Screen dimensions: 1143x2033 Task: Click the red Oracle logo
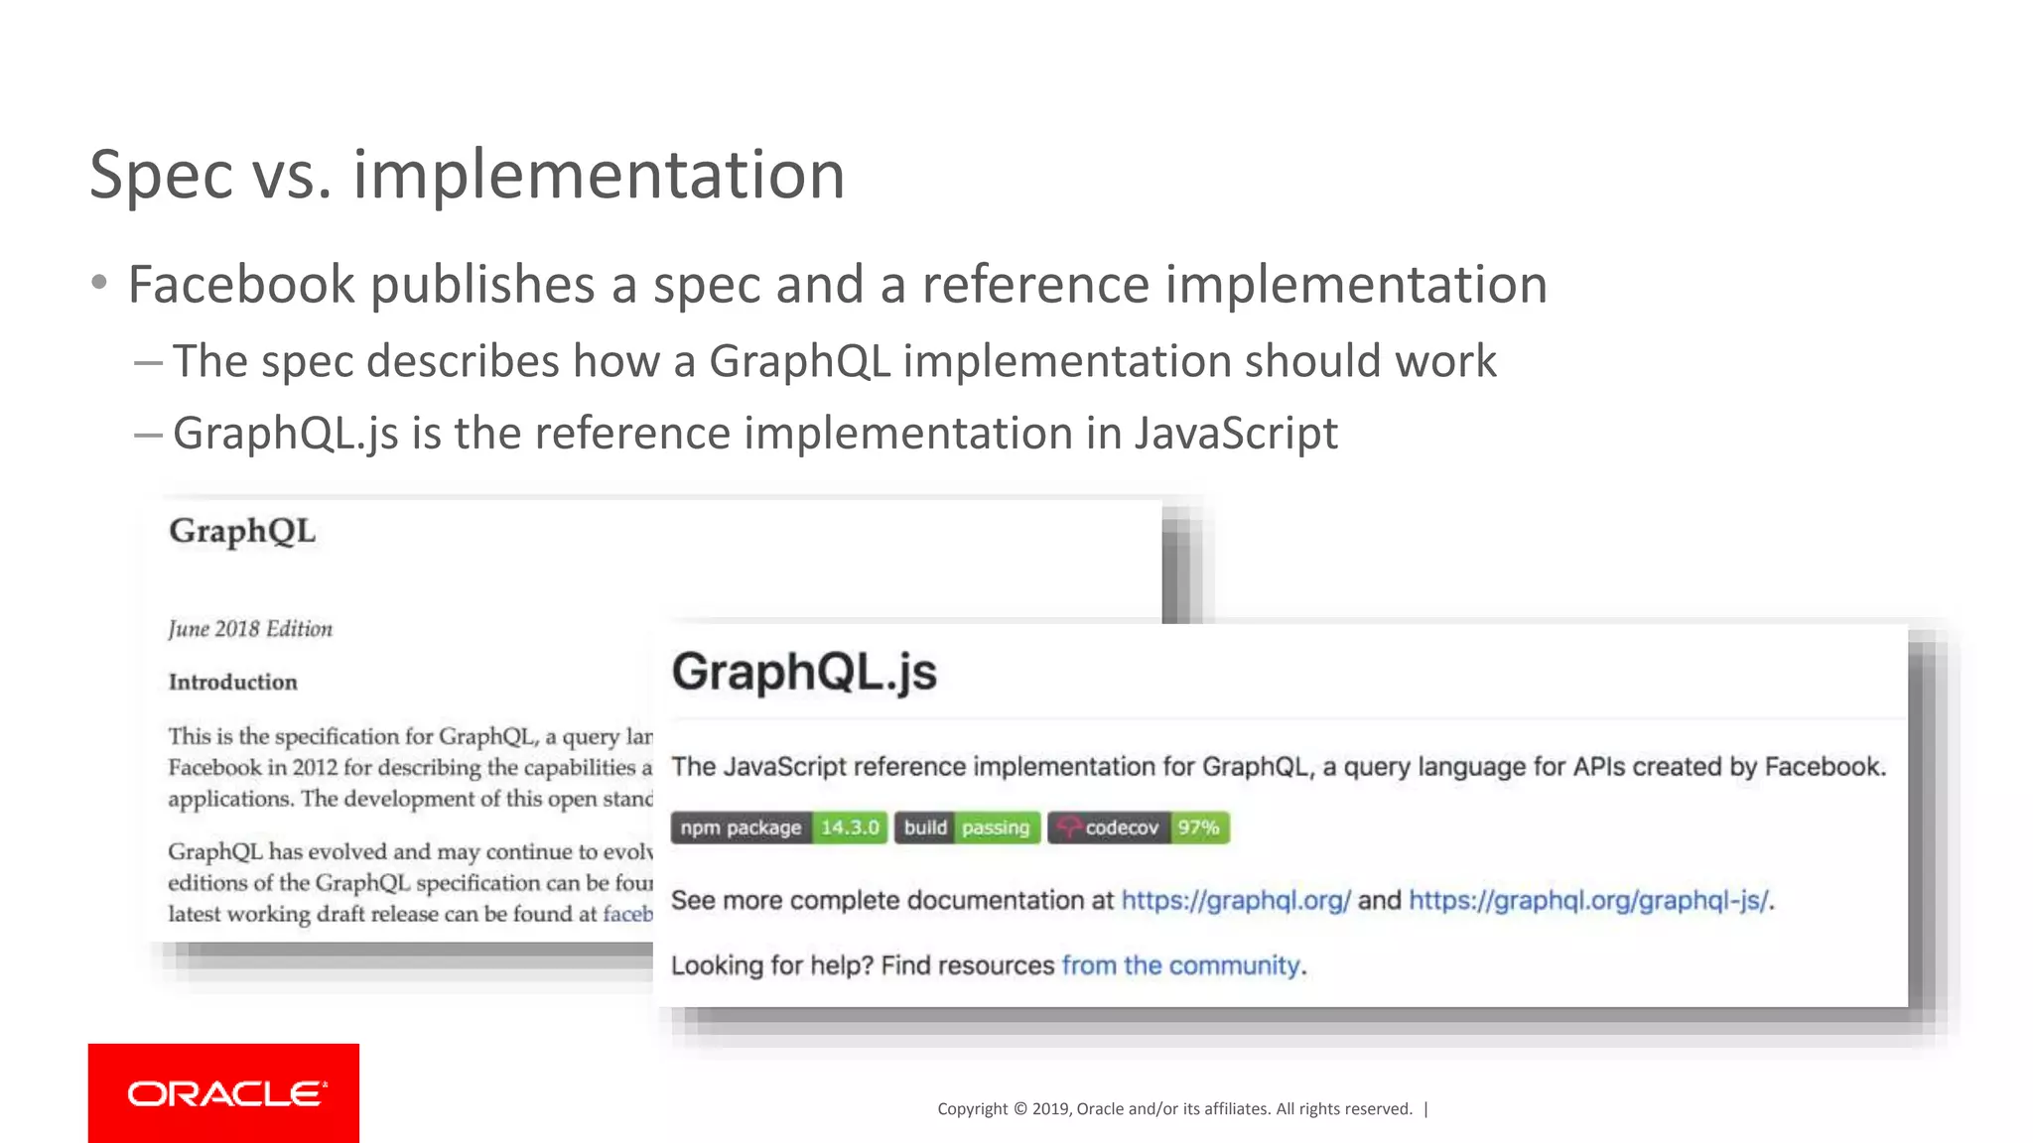[x=223, y=1092]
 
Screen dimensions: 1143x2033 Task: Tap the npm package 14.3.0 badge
[x=778, y=827]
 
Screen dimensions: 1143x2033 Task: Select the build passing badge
[x=967, y=827]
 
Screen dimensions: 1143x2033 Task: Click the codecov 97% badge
[x=1139, y=827]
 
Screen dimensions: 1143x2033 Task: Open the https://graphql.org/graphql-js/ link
[x=1588, y=900]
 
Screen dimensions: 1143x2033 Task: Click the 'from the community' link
[x=1180, y=965]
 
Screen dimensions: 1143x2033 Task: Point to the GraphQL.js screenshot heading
[x=804, y=672]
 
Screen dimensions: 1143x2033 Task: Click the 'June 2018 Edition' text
[x=250, y=629]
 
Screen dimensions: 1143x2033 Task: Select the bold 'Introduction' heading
[x=233, y=682]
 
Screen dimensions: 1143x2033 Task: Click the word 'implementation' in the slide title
[x=599, y=176]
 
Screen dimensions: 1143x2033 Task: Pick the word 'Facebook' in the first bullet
[x=241, y=285]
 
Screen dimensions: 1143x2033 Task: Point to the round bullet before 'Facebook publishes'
[x=98, y=284]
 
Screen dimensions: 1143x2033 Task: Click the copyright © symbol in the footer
[x=1019, y=1109]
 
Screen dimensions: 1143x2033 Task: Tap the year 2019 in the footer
[x=1050, y=1109]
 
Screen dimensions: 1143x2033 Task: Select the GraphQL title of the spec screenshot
[x=242, y=532]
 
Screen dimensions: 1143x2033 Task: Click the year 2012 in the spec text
[x=315, y=768]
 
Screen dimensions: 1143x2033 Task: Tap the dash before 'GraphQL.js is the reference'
[x=148, y=435]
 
